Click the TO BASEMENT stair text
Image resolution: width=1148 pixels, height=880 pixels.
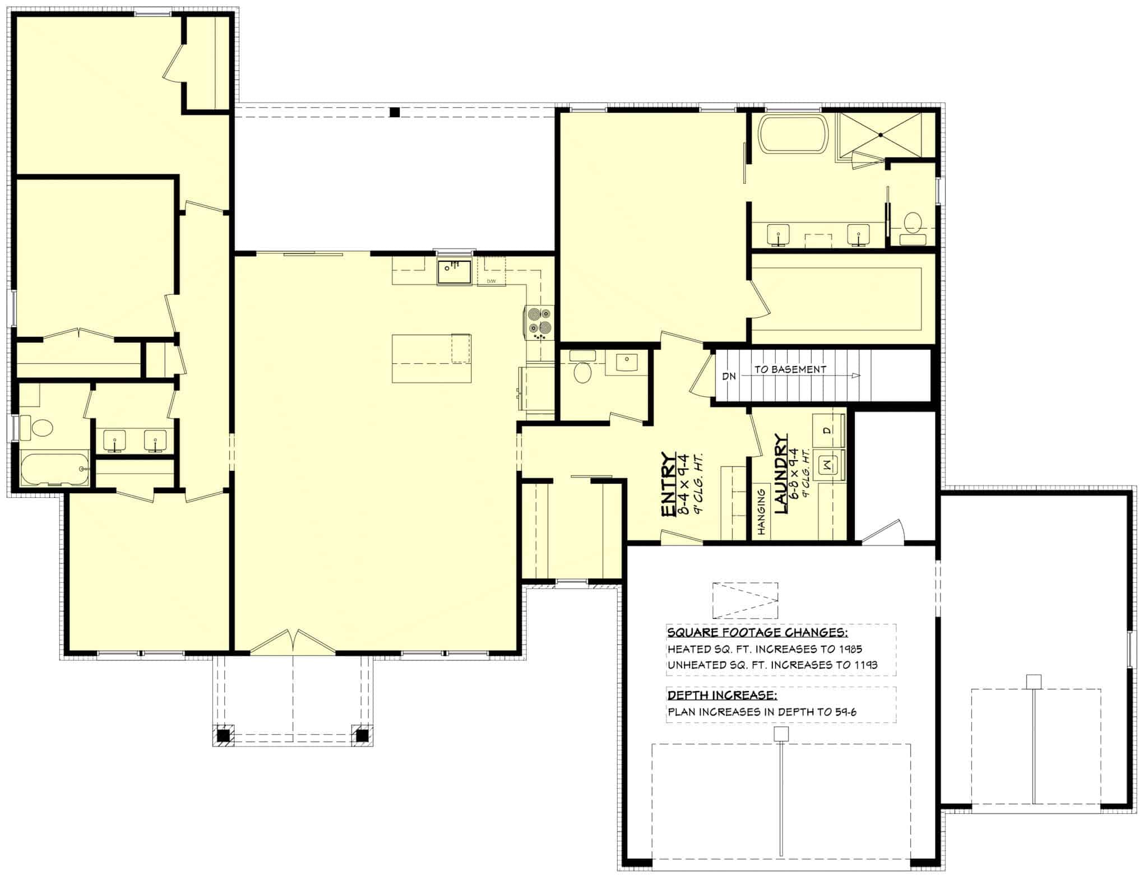(x=790, y=369)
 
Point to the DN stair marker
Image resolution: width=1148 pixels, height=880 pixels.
(x=729, y=376)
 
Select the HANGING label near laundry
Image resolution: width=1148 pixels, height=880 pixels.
(x=762, y=511)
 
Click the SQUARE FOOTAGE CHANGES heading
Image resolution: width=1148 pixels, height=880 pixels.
(x=757, y=633)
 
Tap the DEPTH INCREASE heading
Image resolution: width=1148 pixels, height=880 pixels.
(x=722, y=696)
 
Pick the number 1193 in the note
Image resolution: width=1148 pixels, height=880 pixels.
(x=866, y=665)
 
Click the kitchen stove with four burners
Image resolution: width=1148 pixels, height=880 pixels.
(x=539, y=323)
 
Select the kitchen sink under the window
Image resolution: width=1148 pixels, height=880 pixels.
(x=455, y=272)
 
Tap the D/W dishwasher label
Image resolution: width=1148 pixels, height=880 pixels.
(x=491, y=281)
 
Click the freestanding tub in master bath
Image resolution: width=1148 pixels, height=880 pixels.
(x=793, y=133)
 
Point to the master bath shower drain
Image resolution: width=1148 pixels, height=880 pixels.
(x=880, y=135)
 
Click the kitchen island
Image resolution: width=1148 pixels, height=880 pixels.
(x=431, y=358)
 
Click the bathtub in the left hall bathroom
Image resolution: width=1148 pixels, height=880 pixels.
(x=54, y=469)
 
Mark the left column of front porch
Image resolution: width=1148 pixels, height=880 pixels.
(x=223, y=735)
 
